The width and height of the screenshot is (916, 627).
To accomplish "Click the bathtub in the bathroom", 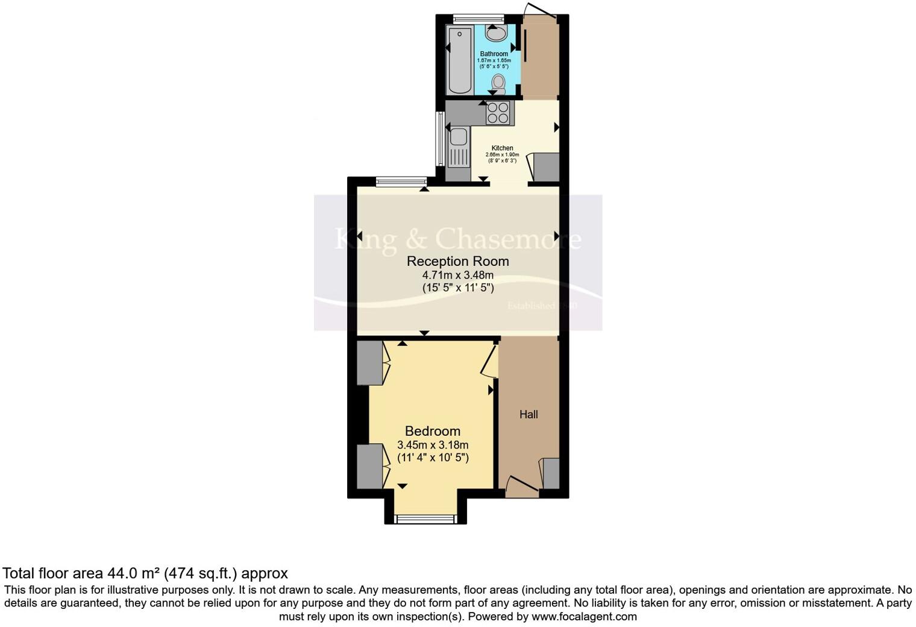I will click(x=460, y=60).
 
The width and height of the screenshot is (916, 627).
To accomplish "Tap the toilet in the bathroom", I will click(x=498, y=83).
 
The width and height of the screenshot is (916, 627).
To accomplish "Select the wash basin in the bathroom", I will click(x=497, y=34).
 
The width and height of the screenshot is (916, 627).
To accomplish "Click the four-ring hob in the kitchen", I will click(x=498, y=113).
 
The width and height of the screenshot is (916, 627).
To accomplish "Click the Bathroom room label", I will click(x=494, y=54).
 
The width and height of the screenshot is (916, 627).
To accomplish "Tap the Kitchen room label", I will click(x=502, y=148).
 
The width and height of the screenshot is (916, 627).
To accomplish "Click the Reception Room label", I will click(x=457, y=261).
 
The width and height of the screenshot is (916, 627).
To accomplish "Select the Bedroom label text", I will click(x=432, y=431).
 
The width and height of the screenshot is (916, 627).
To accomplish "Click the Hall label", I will click(x=529, y=414).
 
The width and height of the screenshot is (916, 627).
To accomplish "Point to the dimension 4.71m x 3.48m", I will click(x=457, y=275).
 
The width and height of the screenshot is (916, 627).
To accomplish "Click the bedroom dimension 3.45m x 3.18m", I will click(x=432, y=445).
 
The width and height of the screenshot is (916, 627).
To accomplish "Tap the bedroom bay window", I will click(x=425, y=518).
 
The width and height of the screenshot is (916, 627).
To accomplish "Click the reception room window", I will click(x=401, y=181).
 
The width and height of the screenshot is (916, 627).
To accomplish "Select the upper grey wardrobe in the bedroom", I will click(x=369, y=363).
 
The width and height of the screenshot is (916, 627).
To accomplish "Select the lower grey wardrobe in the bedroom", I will click(x=369, y=466).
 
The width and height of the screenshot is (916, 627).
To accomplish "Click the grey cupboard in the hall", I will click(x=551, y=473).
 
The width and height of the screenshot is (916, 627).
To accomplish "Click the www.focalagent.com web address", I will click(x=584, y=616).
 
